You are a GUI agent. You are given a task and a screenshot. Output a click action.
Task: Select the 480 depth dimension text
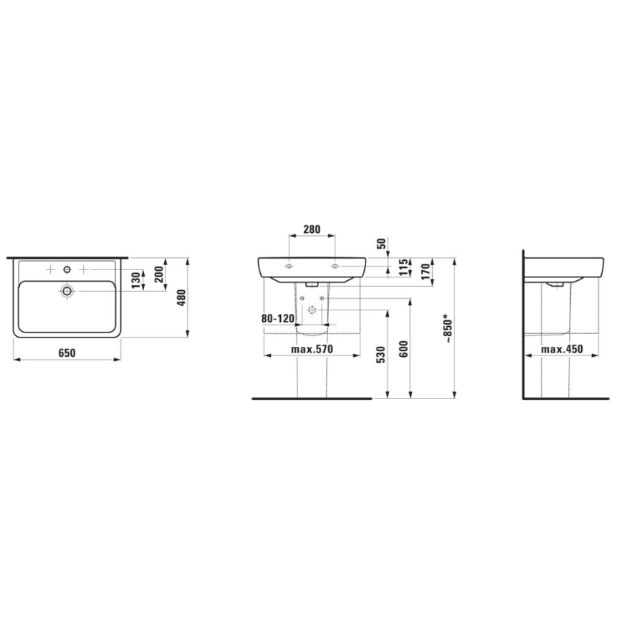click(x=182, y=297)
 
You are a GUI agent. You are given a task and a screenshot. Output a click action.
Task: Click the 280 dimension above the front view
click(x=311, y=230)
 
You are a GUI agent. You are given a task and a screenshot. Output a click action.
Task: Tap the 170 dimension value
click(x=426, y=273)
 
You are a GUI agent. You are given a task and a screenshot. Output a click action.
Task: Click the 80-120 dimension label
click(x=278, y=319)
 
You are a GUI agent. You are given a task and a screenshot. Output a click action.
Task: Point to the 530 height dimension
click(x=381, y=354)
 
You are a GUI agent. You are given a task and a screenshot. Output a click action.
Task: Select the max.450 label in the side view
click(x=561, y=350)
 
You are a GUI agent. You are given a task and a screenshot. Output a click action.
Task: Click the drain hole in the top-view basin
click(x=67, y=291)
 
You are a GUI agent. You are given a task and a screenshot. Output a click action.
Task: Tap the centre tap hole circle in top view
click(x=67, y=269)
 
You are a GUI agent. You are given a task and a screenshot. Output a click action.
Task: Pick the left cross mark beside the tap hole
click(x=50, y=269)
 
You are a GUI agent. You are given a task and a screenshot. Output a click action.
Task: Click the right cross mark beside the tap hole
click(x=84, y=269)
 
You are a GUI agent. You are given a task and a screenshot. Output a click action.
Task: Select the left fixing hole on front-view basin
click(x=288, y=267)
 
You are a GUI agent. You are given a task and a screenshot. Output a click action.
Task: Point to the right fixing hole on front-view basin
click(x=335, y=267)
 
